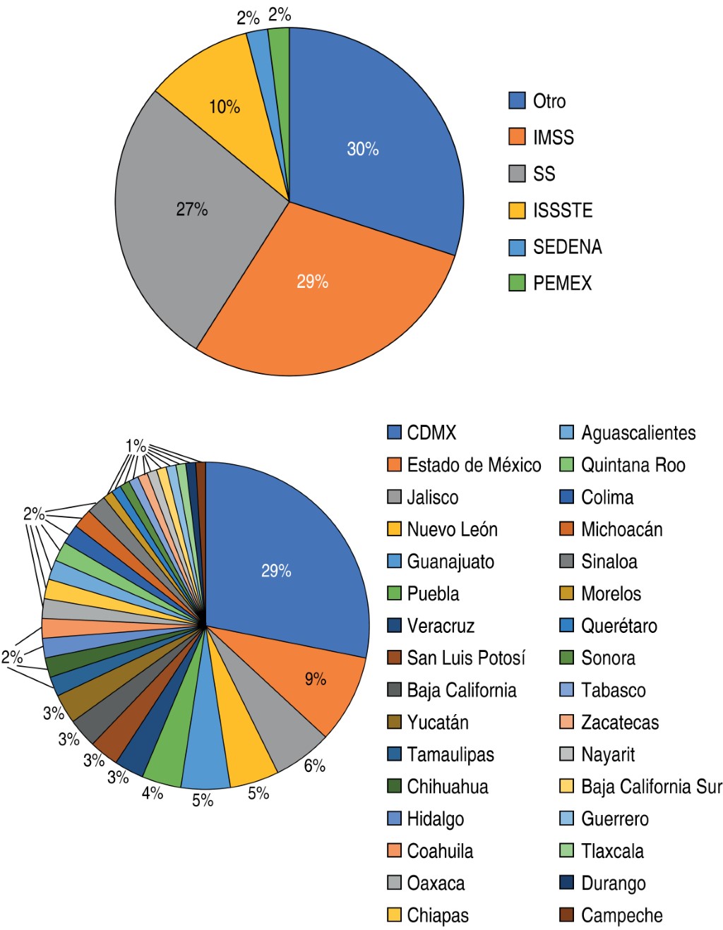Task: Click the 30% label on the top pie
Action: click(363, 149)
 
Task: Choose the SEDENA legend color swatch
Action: click(517, 247)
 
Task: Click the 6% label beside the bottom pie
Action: click(315, 766)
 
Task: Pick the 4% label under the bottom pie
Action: click(153, 793)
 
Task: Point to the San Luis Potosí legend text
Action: click(466, 658)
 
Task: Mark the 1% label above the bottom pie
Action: click(136, 446)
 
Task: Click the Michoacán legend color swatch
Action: click(566, 529)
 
